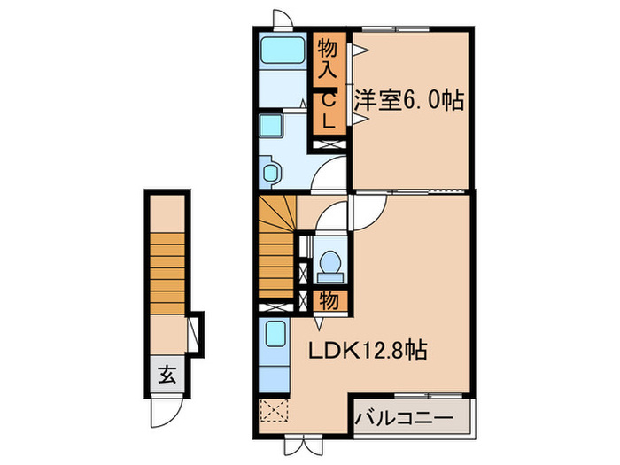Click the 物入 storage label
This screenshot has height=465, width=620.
tap(327, 57)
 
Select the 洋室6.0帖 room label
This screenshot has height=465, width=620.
tap(409, 100)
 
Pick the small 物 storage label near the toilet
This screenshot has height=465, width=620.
tap(328, 301)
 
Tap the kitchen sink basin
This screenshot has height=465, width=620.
tap(275, 337)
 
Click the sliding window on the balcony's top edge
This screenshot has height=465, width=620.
tap(414, 392)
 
